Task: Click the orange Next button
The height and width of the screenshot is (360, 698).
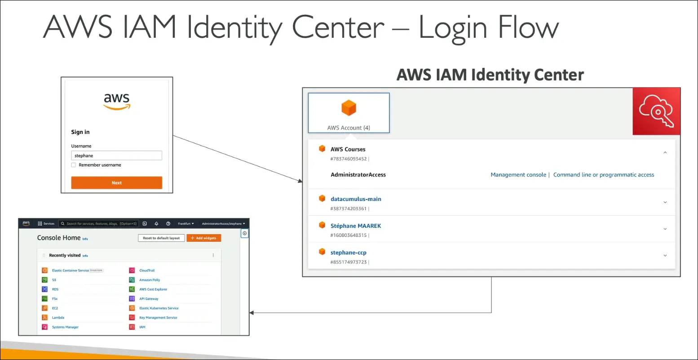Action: point(116,183)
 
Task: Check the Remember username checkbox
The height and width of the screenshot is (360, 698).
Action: point(74,165)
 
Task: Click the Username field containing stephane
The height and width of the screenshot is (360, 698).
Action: point(116,156)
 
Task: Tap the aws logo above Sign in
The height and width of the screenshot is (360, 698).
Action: point(117,101)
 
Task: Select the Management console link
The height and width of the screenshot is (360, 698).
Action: point(518,175)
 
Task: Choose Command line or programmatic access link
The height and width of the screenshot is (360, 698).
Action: point(604,175)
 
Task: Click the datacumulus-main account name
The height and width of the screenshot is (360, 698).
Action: point(356,199)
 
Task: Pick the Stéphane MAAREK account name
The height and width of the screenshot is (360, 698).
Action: point(356,226)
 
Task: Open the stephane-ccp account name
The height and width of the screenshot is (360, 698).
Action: point(349,253)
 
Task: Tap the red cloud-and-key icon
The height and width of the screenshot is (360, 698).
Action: point(656,111)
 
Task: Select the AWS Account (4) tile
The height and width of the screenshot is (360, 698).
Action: point(349,113)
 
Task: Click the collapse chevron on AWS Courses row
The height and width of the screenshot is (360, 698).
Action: point(665,153)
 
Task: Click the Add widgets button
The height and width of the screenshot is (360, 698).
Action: point(204,238)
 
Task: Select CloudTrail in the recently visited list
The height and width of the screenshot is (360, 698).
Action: point(147,271)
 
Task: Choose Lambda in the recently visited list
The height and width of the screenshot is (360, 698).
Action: point(58,318)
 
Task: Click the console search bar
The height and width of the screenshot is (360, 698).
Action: point(99,223)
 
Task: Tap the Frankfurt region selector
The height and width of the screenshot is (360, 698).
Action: point(186,223)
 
